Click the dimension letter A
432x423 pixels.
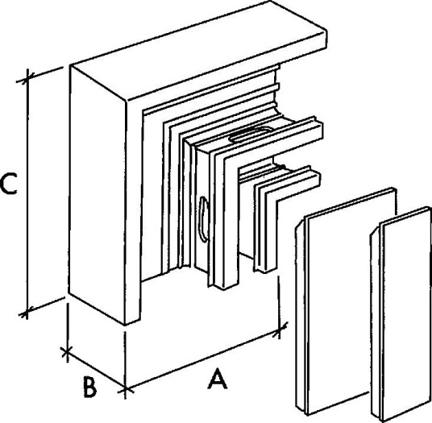tap(218, 379)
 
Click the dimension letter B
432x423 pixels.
tap(90, 388)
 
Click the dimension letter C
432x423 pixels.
tap(9, 184)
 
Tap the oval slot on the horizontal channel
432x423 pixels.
tap(251, 135)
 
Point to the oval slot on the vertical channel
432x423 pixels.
tap(203, 219)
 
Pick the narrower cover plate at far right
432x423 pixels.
tap(401, 314)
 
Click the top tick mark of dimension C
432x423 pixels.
tap(27, 78)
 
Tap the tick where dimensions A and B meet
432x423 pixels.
tap(126, 390)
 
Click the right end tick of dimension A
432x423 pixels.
tap(279, 330)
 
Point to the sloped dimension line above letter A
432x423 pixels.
tap(202, 360)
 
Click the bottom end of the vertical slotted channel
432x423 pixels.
tap(225, 285)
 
